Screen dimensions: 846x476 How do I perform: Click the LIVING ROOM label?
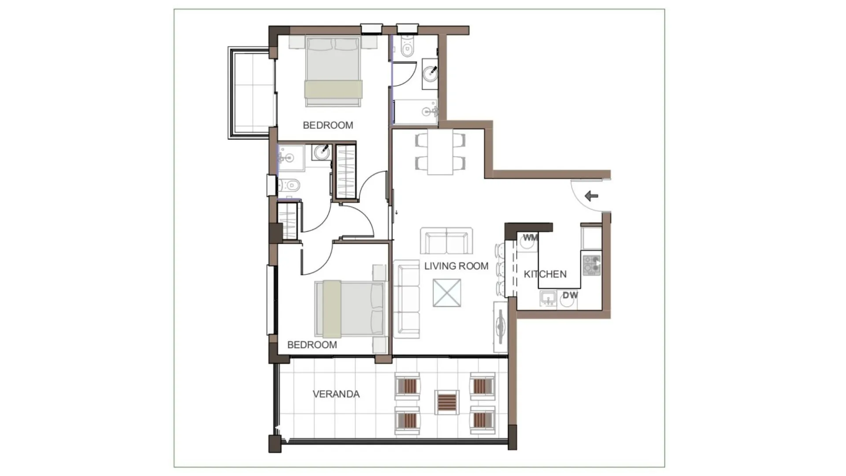[456, 266]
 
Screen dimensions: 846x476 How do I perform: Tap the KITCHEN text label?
[545, 274]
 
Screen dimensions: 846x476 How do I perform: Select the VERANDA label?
[336, 394]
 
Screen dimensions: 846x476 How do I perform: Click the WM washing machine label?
[530, 238]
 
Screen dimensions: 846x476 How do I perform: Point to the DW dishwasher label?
[570, 295]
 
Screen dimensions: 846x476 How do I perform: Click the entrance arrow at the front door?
[591, 196]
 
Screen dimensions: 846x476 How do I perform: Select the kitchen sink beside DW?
[548, 299]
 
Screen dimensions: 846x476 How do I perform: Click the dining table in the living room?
[440, 152]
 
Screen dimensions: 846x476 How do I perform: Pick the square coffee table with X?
[447, 292]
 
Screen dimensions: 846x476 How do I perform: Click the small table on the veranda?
[447, 402]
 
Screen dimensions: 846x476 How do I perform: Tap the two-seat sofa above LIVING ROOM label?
[446, 241]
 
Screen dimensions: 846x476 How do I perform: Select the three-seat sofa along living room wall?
[406, 299]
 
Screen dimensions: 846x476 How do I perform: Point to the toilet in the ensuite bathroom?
[289, 185]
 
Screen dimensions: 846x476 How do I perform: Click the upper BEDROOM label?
[328, 125]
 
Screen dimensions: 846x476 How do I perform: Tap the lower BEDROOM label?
[312, 345]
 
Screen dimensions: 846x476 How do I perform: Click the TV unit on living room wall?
[500, 327]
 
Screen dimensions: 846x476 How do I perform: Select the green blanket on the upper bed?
[334, 89]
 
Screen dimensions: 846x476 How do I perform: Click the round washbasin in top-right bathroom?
[430, 73]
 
